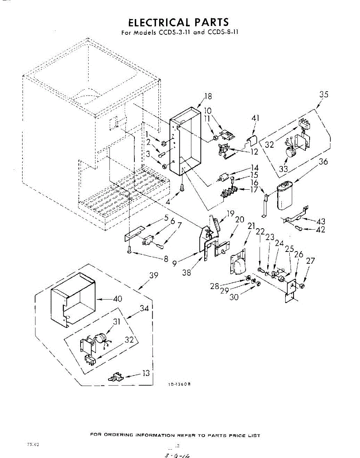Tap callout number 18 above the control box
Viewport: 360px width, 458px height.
click(208, 96)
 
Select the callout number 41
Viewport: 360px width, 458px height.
click(255, 118)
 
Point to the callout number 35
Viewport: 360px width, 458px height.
click(324, 95)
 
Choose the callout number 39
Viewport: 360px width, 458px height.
click(154, 276)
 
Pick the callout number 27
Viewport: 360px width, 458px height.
click(311, 261)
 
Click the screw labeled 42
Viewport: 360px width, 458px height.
click(299, 229)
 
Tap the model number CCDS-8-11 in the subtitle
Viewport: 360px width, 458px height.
click(223, 32)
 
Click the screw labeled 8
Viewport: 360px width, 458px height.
click(130, 250)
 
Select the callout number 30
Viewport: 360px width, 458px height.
click(234, 297)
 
